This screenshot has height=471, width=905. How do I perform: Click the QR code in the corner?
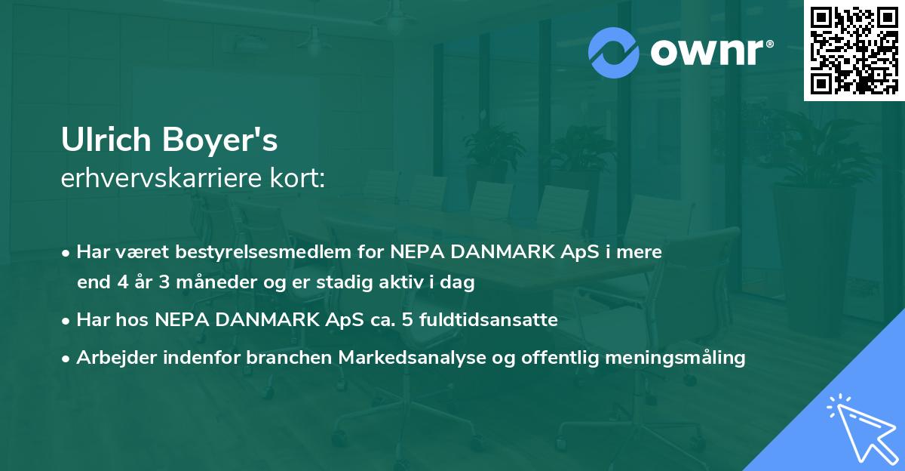(x=854, y=51)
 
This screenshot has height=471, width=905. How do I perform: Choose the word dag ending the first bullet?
(x=459, y=283)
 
